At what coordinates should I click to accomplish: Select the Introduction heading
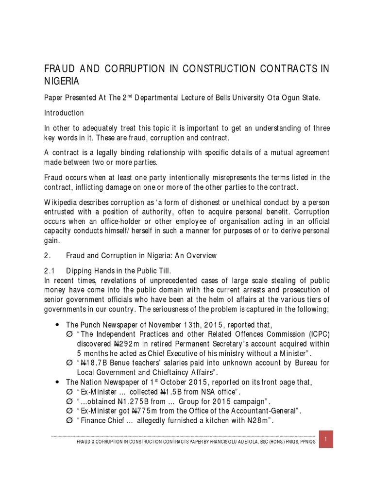[x=64, y=113]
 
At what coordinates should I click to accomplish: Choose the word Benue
[x=120, y=363]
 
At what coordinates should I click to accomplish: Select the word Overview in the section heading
[x=201, y=255]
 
